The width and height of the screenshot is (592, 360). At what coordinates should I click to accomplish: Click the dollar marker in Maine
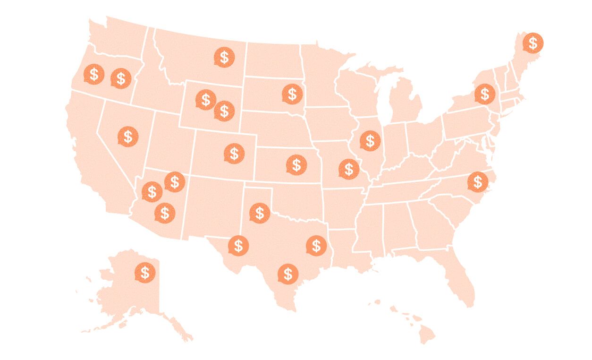pyautogui.click(x=533, y=43)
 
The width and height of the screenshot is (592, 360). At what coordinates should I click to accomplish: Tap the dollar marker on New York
pyautogui.click(x=485, y=94)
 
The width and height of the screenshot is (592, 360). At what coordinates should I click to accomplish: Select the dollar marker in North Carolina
pyautogui.click(x=478, y=181)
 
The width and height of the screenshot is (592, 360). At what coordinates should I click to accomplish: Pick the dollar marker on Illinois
pyautogui.click(x=370, y=141)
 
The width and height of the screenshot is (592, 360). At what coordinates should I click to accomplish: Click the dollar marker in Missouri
pyautogui.click(x=349, y=169)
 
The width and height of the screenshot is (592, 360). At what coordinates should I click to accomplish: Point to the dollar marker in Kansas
pyautogui.click(x=296, y=165)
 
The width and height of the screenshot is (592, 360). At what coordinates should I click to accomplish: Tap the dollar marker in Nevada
pyautogui.click(x=128, y=137)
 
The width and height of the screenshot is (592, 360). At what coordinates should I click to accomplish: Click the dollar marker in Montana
pyautogui.click(x=224, y=57)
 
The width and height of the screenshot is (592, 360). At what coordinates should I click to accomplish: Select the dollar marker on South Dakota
pyautogui.click(x=292, y=94)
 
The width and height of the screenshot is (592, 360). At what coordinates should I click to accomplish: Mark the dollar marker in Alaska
pyautogui.click(x=145, y=273)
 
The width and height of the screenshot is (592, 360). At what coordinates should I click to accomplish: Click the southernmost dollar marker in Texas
pyautogui.click(x=288, y=274)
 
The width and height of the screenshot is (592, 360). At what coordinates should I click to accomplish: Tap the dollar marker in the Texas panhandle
pyautogui.click(x=259, y=213)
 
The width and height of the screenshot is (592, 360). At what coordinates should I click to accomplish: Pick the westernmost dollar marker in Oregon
pyautogui.click(x=94, y=74)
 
